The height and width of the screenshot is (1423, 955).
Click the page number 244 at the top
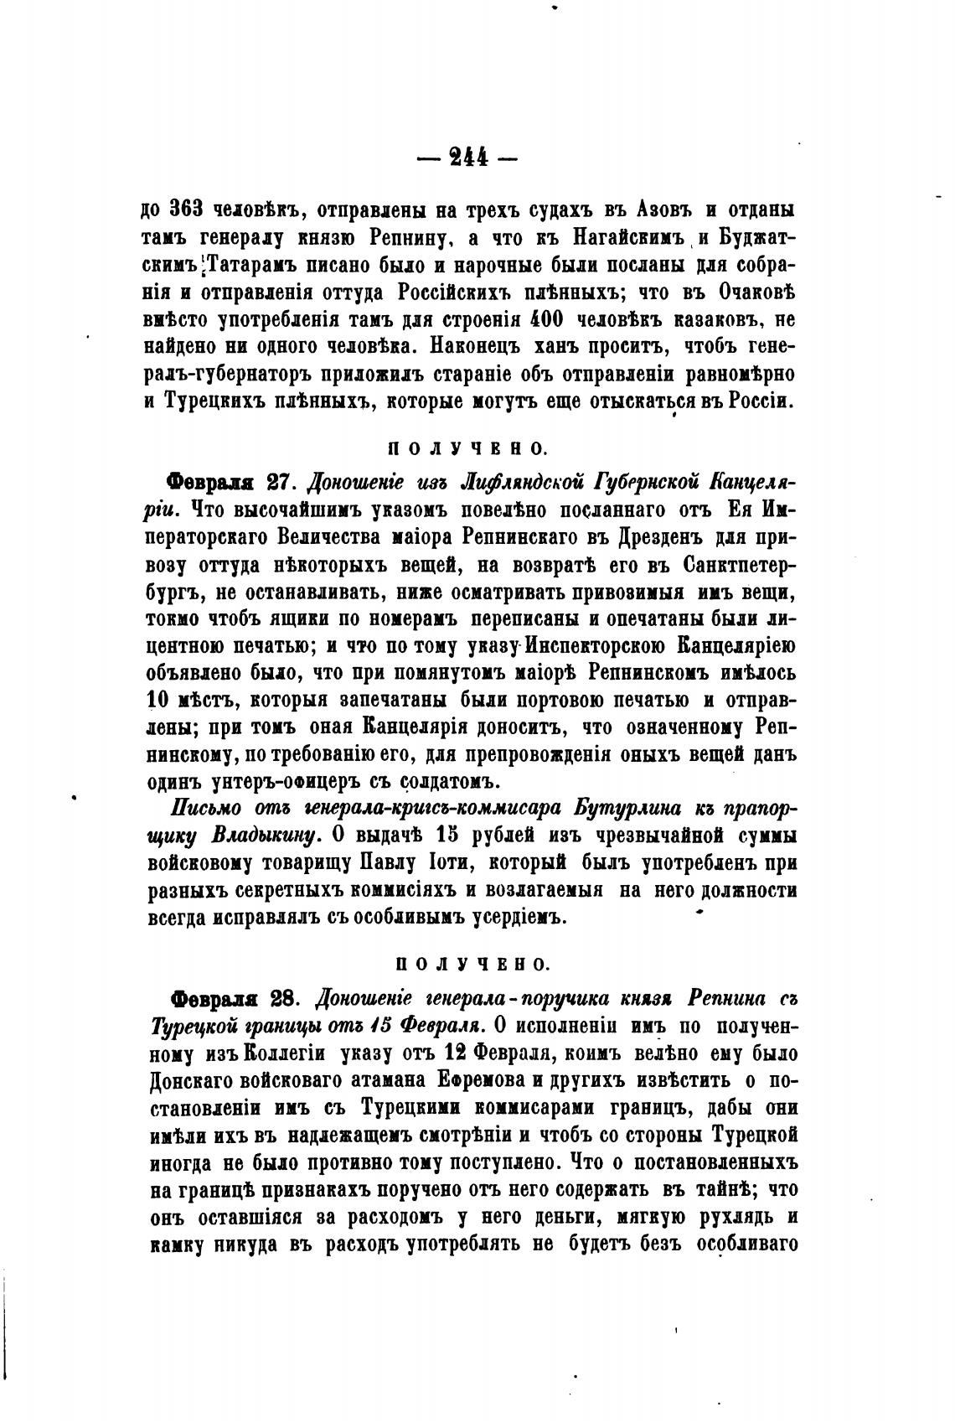tap(472, 158)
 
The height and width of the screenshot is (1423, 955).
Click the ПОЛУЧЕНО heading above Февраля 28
tap(472, 965)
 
